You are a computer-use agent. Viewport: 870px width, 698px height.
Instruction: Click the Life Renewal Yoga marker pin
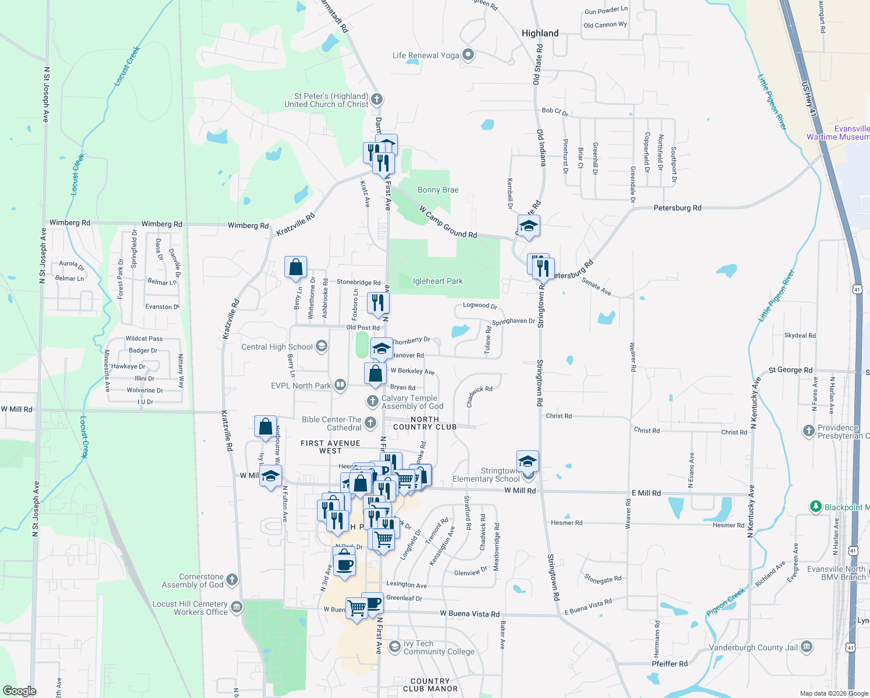point(468,55)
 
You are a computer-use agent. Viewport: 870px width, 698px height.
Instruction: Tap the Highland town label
point(540,33)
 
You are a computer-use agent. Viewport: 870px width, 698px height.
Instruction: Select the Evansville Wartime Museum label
point(838,133)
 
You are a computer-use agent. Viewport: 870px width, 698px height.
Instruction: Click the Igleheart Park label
point(438,282)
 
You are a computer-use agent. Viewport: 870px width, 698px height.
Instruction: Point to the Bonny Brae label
point(438,190)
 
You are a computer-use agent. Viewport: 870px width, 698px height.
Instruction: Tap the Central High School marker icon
point(321,347)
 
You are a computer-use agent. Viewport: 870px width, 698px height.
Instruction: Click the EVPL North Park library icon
point(340,385)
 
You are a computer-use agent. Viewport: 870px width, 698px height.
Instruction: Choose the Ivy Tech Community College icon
point(395,647)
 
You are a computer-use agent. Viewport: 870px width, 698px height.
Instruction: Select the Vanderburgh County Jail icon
point(807,647)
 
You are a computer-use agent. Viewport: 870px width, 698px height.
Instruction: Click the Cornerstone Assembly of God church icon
point(231,579)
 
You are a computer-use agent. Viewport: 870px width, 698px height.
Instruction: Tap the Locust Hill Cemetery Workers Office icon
point(236,607)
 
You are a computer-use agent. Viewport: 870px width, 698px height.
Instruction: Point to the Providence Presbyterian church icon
point(808,431)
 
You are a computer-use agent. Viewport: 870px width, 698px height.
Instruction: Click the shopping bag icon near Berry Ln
point(295,267)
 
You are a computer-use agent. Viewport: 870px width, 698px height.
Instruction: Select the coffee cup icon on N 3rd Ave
point(344,564)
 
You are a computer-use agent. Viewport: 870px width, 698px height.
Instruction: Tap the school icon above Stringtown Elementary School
point(527,461)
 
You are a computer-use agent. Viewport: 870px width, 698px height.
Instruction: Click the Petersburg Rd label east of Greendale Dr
point(677,208)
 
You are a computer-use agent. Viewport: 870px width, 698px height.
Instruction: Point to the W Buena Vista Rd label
point(469,614)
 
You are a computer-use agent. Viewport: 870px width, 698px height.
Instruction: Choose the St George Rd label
point(790,370)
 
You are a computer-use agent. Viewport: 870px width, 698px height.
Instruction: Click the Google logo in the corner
point(19,690)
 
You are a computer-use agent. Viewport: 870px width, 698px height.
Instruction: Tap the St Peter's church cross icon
point(377,99)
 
